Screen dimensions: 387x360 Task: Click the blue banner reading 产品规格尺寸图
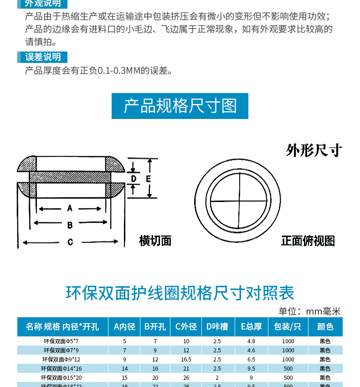(x=180, y=106)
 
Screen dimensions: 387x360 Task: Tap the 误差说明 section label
(x=43, y=57)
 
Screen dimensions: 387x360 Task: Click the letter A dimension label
(x=70, y=208)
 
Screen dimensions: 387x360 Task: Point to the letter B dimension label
(x=70, y=225)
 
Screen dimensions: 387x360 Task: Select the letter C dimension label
(x=70, y=242)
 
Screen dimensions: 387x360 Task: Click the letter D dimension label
(x=134, y=179)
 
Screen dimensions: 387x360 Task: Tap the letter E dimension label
(x=148, y=179)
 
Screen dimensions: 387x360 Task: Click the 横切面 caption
(x=155, y=241)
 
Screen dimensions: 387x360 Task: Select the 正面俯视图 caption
(x=308, y=241)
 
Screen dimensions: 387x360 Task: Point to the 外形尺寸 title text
(x=314, y=150)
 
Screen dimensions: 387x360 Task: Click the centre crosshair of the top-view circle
(x=237, y=201)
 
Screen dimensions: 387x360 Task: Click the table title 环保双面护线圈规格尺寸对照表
(x=180, y=293)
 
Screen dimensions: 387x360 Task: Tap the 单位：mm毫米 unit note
(x=309, y=311)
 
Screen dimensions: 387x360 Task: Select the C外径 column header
(x=186, y=326)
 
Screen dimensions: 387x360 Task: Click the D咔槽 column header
(x=217, y=326)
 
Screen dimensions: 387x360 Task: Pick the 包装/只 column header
(x=288, y=326)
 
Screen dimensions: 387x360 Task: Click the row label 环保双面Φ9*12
(x=62, y=359)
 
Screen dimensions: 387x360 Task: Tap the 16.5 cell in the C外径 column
(x=186, y=359)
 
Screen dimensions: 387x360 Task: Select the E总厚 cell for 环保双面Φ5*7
(x=251, y=341)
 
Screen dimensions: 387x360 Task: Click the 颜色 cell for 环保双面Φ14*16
(x=325, y=368)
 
